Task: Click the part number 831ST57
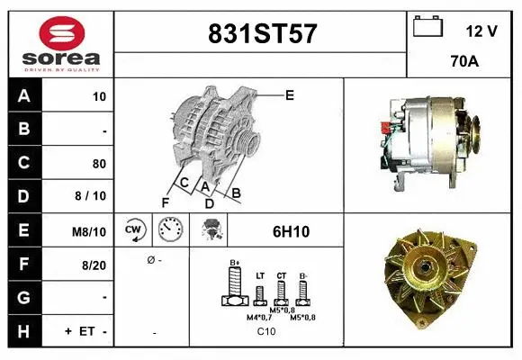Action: (x=262, y=33)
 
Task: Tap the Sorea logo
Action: (x=61, y=42)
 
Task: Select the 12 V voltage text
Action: (x=481, y=31)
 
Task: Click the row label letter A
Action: (x=24, y=96)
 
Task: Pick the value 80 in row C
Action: (x=99, y=164)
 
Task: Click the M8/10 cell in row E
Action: (x=91, y=231)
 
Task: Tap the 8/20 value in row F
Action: (x=94, y=265)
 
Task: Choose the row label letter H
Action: (x=24, y=331)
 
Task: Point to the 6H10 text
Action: (x=291, y=231)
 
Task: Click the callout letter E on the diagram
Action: (x=290, y=94)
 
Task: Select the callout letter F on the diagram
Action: (x=166, y=202)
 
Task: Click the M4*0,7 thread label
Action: (x=260, y=318)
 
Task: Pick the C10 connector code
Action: (x=266, y=332)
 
